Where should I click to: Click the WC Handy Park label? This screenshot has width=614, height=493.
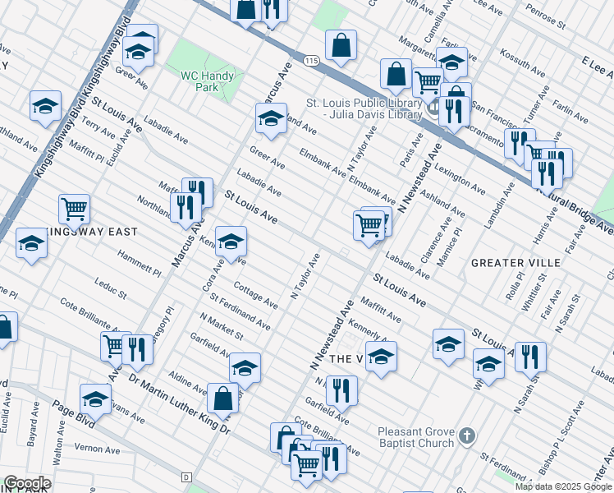click(x=207, y=82)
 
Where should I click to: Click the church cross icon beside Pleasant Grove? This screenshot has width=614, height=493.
click(x=466, y=435)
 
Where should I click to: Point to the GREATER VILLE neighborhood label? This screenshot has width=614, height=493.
click(x=515, y=263)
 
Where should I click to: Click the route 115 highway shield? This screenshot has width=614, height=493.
click(x=309, y=61)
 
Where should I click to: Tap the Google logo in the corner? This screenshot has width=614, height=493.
click(x=27, y=483)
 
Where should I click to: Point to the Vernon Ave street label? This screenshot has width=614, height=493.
click(x=97, y=449)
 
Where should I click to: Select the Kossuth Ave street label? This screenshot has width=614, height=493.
click(x=522, y=63)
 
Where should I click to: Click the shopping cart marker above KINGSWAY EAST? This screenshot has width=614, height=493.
click(x=75, y=209)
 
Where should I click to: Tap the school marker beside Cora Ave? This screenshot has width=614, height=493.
click(x=231, y=242)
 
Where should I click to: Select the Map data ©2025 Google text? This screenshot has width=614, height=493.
click(x=563, y=486)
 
